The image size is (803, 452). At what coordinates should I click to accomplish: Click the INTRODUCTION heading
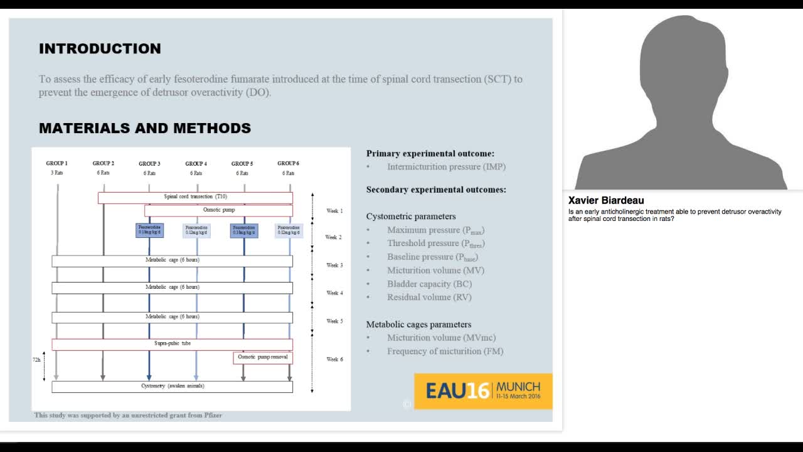[x=100, y=49]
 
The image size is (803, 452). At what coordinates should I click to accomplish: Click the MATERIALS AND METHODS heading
[x=145, y=128]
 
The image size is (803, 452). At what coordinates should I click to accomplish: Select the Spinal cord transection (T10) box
[x=195, y=197]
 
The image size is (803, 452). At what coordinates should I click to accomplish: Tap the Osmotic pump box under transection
[x=218, y=210]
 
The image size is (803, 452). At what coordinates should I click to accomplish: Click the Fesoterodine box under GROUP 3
[x=149, y=230]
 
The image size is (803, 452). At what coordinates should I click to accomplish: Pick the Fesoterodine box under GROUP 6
[x=289, y=230]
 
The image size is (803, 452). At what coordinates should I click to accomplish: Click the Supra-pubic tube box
[x=172, y=344]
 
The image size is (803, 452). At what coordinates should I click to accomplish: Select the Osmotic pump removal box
[x=263, y=357]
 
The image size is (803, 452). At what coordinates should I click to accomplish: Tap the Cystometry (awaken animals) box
[x=172, y=386]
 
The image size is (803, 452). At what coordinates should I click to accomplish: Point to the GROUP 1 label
[x=57, y=164]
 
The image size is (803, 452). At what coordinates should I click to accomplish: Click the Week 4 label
[x=334, y=293]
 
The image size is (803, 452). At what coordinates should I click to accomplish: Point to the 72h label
[x=36, y=360]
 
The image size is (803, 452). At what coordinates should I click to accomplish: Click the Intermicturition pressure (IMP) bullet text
[x=446, y=167]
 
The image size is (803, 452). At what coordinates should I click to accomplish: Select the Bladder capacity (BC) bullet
[x=429, y=284]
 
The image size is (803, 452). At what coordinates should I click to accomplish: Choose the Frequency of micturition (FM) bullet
[x=445, y=352]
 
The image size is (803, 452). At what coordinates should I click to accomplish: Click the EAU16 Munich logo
[x=482, y=391]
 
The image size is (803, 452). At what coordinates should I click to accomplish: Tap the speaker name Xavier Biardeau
[x=606, y=201]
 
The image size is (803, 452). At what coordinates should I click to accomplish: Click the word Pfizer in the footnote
[x=213, y=416]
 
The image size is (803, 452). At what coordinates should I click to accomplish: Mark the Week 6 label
[x=334, y=360]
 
